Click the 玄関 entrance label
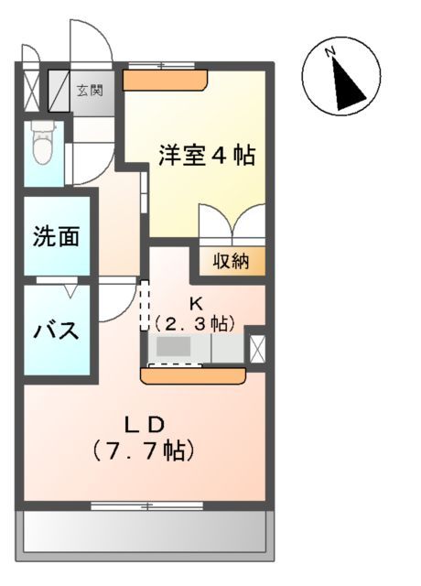90,90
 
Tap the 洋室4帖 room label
206,156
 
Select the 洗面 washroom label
56,236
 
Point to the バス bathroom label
57,331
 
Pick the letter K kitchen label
195,305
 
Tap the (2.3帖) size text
194,323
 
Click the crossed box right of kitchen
256,349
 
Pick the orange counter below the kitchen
193,374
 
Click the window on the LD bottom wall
146,504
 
